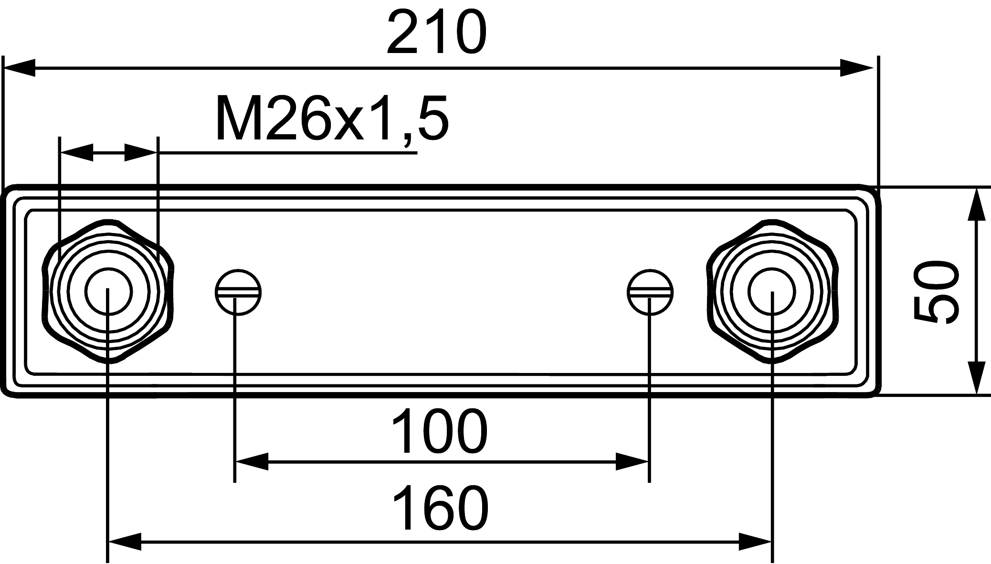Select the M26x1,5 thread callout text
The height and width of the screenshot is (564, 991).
[332, 119]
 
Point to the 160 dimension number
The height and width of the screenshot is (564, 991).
[441, 510]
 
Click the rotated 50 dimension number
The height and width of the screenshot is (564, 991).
[935, 292]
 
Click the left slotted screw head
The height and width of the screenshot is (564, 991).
[238, 292]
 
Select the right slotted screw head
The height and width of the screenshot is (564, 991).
[650, 292]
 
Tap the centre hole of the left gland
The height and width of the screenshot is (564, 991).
[108, 291]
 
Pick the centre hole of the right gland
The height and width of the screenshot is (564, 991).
[772, 291]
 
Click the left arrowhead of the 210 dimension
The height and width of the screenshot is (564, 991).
[19, 68]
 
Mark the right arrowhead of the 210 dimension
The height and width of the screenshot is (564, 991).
[857, 68]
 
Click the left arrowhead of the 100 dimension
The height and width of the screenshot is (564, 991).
[252, 462]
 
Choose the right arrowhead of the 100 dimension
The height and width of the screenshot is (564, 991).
[633, 462]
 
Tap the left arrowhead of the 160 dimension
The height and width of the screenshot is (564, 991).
[125, 542]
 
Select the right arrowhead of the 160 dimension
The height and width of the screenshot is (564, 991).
[755, 542]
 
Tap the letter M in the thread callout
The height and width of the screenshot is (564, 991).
[237, 119]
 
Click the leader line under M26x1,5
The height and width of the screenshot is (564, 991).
[286, 153]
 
